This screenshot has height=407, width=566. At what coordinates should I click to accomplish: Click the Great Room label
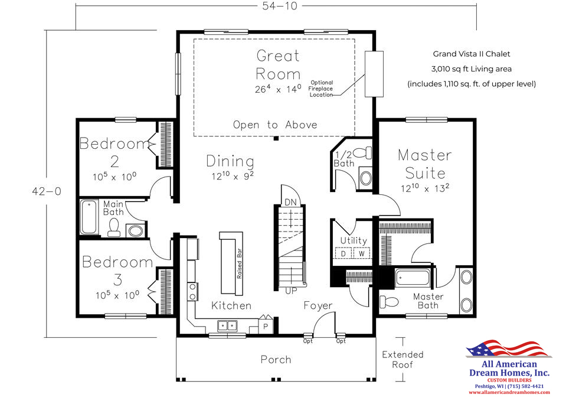click(x=278, y=65)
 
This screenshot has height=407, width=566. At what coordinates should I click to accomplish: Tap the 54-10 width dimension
click(x=280, y=6)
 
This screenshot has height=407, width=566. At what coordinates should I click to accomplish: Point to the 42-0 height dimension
click(x=47, y=191)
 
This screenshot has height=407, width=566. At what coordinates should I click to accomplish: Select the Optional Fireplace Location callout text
click(x=321, y=89)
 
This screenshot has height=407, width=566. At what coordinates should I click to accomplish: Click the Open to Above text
click(x=275, y=125)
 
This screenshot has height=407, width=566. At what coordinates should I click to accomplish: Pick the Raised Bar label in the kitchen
click(x=239, y=263)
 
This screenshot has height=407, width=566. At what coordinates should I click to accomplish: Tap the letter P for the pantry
click(x=266, y=327)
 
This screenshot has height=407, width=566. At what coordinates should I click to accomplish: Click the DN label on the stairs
click(x=290, y=202)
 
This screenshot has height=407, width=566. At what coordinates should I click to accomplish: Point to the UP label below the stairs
click(x=291, y=291)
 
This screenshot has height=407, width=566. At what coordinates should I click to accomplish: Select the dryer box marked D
click(x=343, y=253)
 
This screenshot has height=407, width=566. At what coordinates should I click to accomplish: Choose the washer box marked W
click(x=362, y=253)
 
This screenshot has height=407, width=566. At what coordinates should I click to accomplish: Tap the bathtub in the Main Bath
click(x=89, y=217)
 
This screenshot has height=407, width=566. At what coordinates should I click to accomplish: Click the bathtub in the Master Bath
click(x=413, y=278)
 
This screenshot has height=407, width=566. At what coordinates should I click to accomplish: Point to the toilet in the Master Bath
click(x=389, y=301)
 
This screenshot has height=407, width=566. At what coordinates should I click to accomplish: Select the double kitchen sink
click(x=227, y=325)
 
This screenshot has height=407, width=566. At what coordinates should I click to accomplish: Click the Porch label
click(x=276, y=360)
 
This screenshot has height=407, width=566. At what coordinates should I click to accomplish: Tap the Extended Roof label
click(x=403, y=359)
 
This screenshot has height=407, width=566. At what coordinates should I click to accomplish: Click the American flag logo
click(x=508, y=349)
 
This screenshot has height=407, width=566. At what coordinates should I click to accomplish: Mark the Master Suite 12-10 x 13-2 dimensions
click(x=425, y=188)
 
